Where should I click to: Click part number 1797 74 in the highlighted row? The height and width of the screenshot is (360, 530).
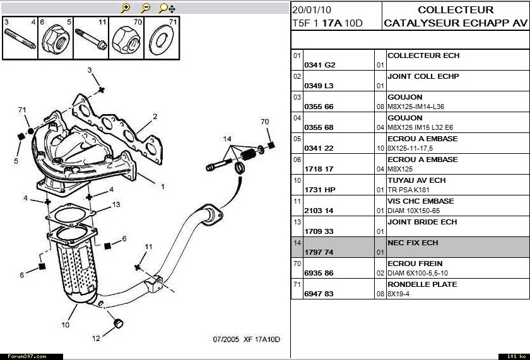point(319,252)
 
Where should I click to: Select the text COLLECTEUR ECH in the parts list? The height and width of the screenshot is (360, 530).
point(423,55)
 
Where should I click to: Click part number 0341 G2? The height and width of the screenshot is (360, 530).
point(320,65)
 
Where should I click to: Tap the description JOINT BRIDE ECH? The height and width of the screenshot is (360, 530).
point(422,222)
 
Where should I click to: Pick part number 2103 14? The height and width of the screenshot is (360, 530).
point(319,211)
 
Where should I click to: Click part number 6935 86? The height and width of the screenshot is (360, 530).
point(319,273)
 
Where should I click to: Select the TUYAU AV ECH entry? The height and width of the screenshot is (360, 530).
point(416,180)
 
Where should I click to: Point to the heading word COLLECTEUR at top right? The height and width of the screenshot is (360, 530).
point(456,10)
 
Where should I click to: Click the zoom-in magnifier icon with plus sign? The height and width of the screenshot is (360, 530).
point(126,8)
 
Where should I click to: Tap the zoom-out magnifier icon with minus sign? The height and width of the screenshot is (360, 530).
point(146,8)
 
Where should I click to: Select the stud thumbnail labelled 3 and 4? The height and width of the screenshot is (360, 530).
point(20,38)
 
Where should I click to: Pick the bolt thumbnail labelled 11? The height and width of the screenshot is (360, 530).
point(90,38)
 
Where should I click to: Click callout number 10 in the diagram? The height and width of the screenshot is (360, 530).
point(65,325)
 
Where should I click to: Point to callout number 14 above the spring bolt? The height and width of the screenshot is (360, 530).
point(227,139)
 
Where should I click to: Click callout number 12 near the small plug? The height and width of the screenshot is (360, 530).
point(96,338)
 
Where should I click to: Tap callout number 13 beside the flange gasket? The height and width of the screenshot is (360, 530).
point(116,205)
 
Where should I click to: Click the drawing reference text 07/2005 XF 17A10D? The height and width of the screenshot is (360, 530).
point(246,340)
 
